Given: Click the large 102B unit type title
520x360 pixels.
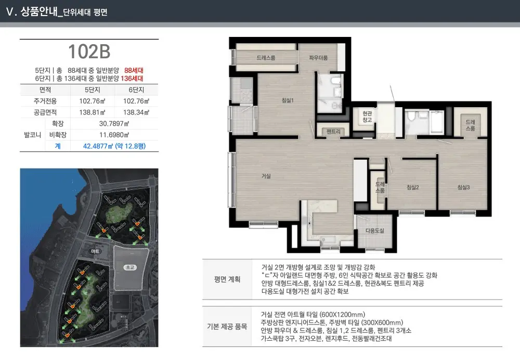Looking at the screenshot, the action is [x=89, y=52].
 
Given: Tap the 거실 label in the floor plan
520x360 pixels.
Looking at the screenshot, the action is [x=266, y=176].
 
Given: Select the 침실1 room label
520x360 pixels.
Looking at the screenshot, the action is [x=288, y=100].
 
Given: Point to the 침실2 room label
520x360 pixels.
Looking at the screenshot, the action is [x=412, y=187].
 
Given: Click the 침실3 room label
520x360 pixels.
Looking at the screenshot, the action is [x=463, y=187].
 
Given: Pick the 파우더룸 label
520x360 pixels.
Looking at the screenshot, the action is [x=318, y=58].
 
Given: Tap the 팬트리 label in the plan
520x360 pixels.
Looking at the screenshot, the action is [x=333, y=132].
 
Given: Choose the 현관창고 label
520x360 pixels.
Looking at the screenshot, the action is [x=367, y=117].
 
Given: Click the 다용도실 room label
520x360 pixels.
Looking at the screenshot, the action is [x=375, y=230].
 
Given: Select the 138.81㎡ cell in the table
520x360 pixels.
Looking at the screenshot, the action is [x=92, y=112].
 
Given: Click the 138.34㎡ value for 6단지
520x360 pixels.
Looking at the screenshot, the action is [x=136, y=112].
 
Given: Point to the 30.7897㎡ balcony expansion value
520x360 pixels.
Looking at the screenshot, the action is [x=114, y=123].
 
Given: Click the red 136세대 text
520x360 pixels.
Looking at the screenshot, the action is [x=132, y=79].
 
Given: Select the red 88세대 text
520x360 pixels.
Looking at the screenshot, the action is [x=134, y=70].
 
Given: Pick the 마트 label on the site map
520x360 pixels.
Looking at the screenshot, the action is [x=95, y=251].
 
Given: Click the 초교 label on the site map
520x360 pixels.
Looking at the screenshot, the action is [x=129, y=267].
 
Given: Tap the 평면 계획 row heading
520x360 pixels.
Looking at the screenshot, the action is [x=227, y=279].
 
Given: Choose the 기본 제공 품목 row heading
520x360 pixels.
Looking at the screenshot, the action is [x=227, y=327].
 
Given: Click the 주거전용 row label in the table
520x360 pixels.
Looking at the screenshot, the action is [x=45, y=101].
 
